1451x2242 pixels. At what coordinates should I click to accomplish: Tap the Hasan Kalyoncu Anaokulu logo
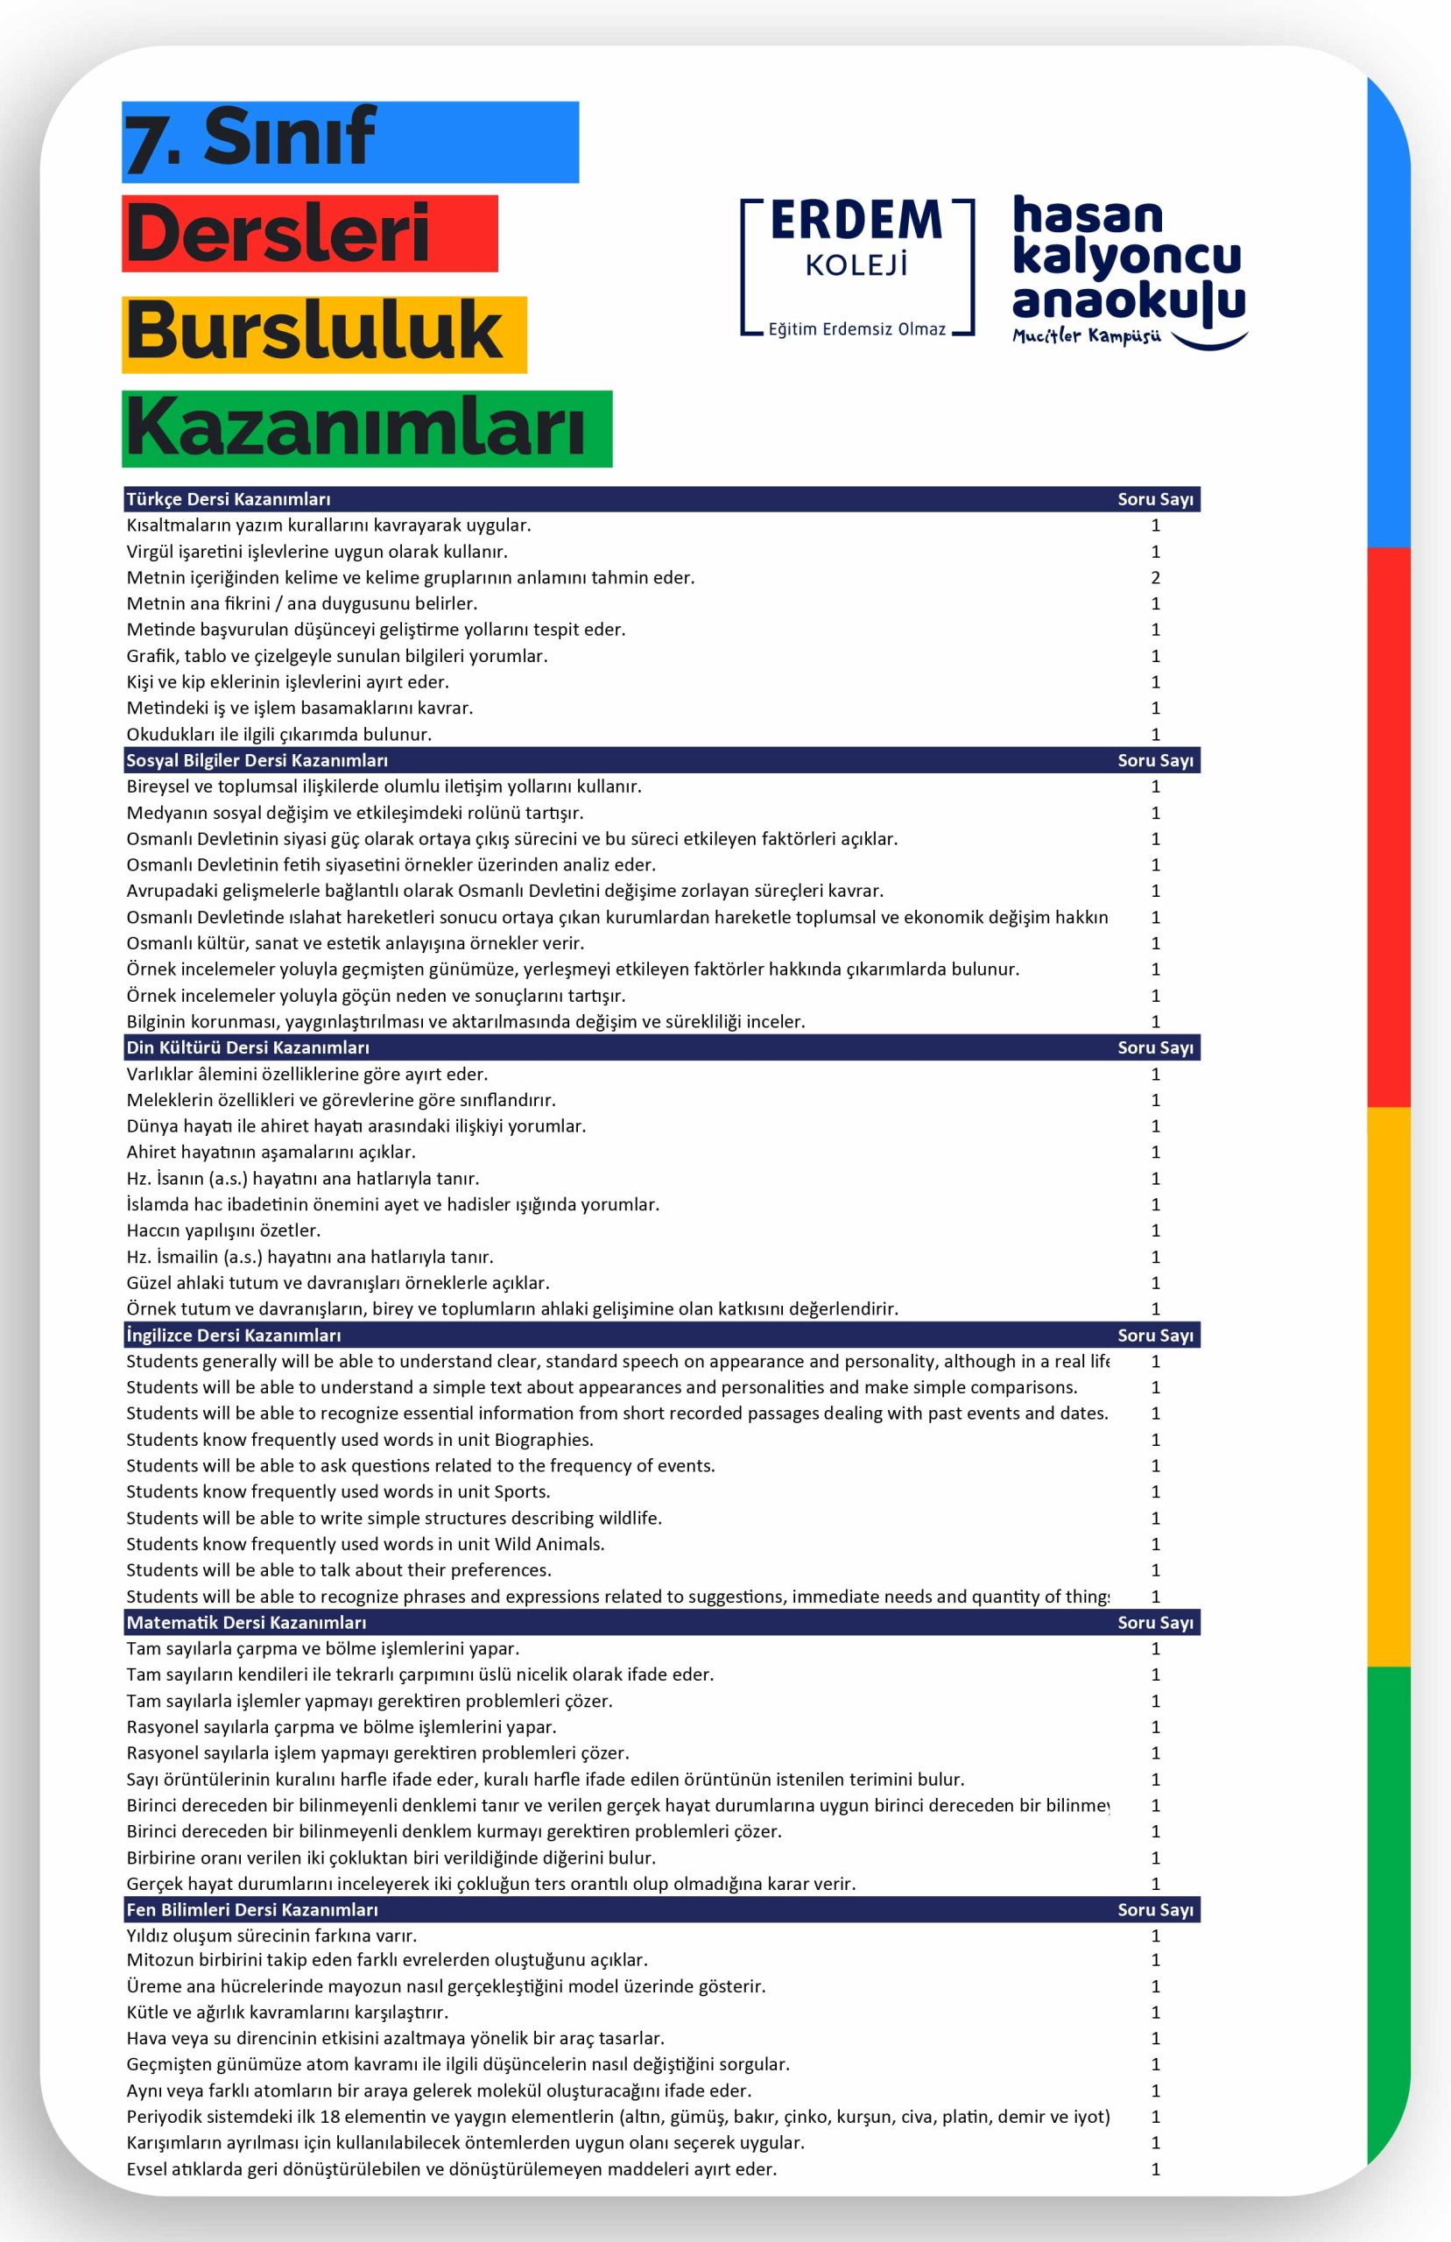point(1128,270)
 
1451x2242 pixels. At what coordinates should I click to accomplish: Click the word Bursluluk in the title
point(314,332)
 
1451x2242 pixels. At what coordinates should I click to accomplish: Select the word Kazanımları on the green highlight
point(356,427)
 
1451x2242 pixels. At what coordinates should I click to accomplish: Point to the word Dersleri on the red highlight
point(278,234)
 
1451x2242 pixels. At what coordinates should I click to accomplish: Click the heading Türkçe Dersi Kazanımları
point(228,499)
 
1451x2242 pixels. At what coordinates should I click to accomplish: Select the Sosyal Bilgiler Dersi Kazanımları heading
point(257,760)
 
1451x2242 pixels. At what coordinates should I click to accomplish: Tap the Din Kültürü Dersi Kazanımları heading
point(248,1047)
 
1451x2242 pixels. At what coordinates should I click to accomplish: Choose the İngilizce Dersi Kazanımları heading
point(234,1335)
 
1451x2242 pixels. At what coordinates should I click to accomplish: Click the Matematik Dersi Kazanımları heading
point(246,1622)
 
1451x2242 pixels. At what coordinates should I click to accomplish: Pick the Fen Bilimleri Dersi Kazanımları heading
point(251,1909)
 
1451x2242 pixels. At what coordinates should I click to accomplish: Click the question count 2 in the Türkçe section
point(1155,577)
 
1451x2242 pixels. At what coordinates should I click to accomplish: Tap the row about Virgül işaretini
point(317,552)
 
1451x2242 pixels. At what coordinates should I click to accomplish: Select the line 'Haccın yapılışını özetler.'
point(223,1230)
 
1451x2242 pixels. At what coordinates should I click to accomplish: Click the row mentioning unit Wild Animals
point(365,1544)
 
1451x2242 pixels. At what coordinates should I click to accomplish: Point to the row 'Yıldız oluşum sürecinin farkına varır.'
point(271,1935)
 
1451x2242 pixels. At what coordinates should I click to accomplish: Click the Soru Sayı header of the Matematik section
point(1155,1622)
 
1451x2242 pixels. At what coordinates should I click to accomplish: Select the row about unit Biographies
point(360,1440)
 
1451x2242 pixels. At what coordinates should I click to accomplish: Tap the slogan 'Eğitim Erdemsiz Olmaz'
point(856,329)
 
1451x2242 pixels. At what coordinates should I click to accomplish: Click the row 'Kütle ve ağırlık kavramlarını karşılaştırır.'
point(287,2013)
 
